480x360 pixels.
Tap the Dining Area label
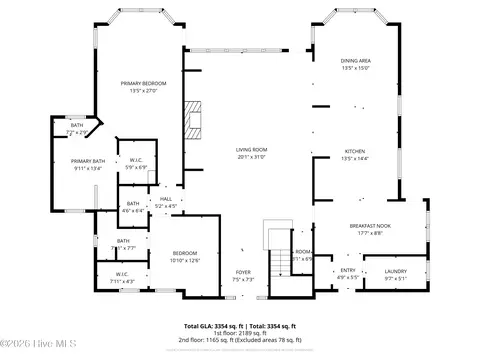(x=356, y=65)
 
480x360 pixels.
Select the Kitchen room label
(x=356, y=155)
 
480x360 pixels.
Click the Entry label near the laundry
(x=347, y=272)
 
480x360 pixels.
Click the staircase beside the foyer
(x=275, y=265)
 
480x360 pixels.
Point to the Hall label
(x=166, y=202)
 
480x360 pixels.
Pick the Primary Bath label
(x=88, y=164)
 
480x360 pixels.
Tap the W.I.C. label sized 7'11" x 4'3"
(x=122, y=277)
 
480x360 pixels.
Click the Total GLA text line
(x=239, y=326)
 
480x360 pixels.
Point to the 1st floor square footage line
(x=239, y=335)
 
